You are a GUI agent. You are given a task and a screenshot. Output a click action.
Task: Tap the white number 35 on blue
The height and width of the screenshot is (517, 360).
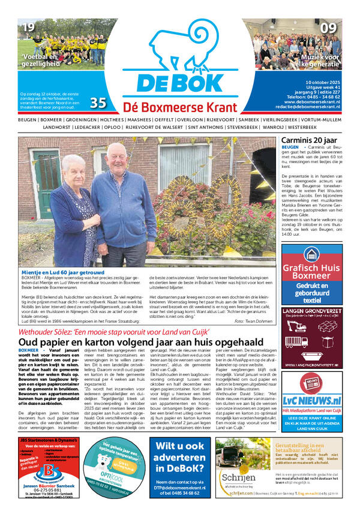pos(98,103)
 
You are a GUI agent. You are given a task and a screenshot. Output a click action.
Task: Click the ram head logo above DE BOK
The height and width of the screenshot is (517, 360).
pos(179,42)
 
